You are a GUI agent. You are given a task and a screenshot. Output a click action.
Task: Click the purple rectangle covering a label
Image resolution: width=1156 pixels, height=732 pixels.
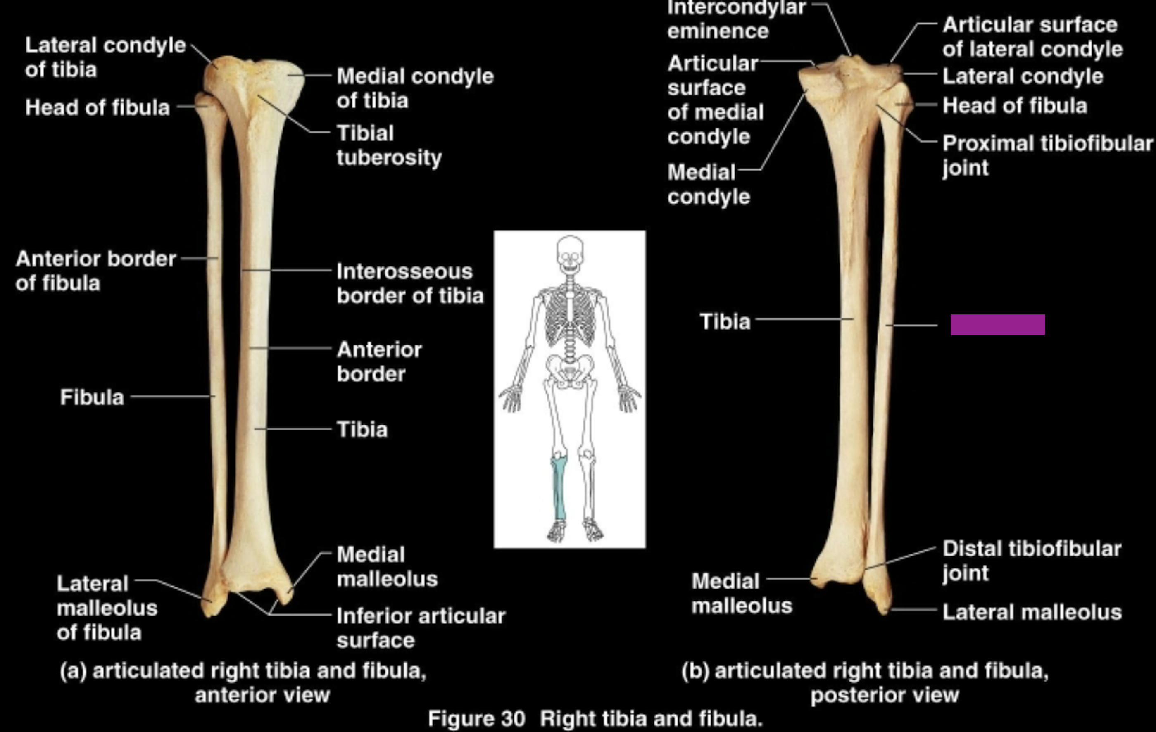[x=998, y=325]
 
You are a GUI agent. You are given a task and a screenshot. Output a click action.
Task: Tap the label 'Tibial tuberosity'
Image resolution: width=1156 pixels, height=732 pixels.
[x=389, y=145]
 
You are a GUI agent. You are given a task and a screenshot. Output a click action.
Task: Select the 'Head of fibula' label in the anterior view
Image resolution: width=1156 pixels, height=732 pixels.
[x=98, y=107]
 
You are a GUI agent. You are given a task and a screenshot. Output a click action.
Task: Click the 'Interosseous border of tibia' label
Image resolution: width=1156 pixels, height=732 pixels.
[x=409, y=283]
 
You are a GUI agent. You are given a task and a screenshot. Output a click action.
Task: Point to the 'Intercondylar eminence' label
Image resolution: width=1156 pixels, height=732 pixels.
[x=735, y=19]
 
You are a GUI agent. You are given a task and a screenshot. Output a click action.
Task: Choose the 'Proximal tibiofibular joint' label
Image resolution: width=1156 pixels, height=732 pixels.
[x=1047, y=155]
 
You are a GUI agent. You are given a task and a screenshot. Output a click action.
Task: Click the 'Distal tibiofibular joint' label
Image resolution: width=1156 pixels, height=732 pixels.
[x=1031, y=560]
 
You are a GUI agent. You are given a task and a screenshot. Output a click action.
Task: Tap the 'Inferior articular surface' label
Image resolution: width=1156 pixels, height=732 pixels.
[x=421, y=628]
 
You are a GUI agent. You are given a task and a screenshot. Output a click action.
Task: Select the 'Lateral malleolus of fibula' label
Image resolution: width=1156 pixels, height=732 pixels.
[x=107, y=608]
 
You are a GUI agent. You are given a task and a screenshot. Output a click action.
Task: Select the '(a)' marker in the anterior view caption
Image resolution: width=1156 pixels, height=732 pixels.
[x=73, y=670]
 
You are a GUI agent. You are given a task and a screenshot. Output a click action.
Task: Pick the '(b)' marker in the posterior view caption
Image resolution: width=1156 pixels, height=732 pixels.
[x=695, y=670]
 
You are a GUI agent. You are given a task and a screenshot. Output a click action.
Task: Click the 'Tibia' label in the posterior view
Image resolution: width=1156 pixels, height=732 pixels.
[x=725, y=322]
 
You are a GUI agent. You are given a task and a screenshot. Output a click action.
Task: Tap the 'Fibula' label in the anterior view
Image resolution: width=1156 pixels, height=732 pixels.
[x=92, y=397]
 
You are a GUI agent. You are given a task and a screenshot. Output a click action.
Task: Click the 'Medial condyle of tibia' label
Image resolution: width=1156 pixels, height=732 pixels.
[x=415, y=88]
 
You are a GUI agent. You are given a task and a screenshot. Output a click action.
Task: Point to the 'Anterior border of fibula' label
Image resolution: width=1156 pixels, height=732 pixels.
[x=95, y=271]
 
